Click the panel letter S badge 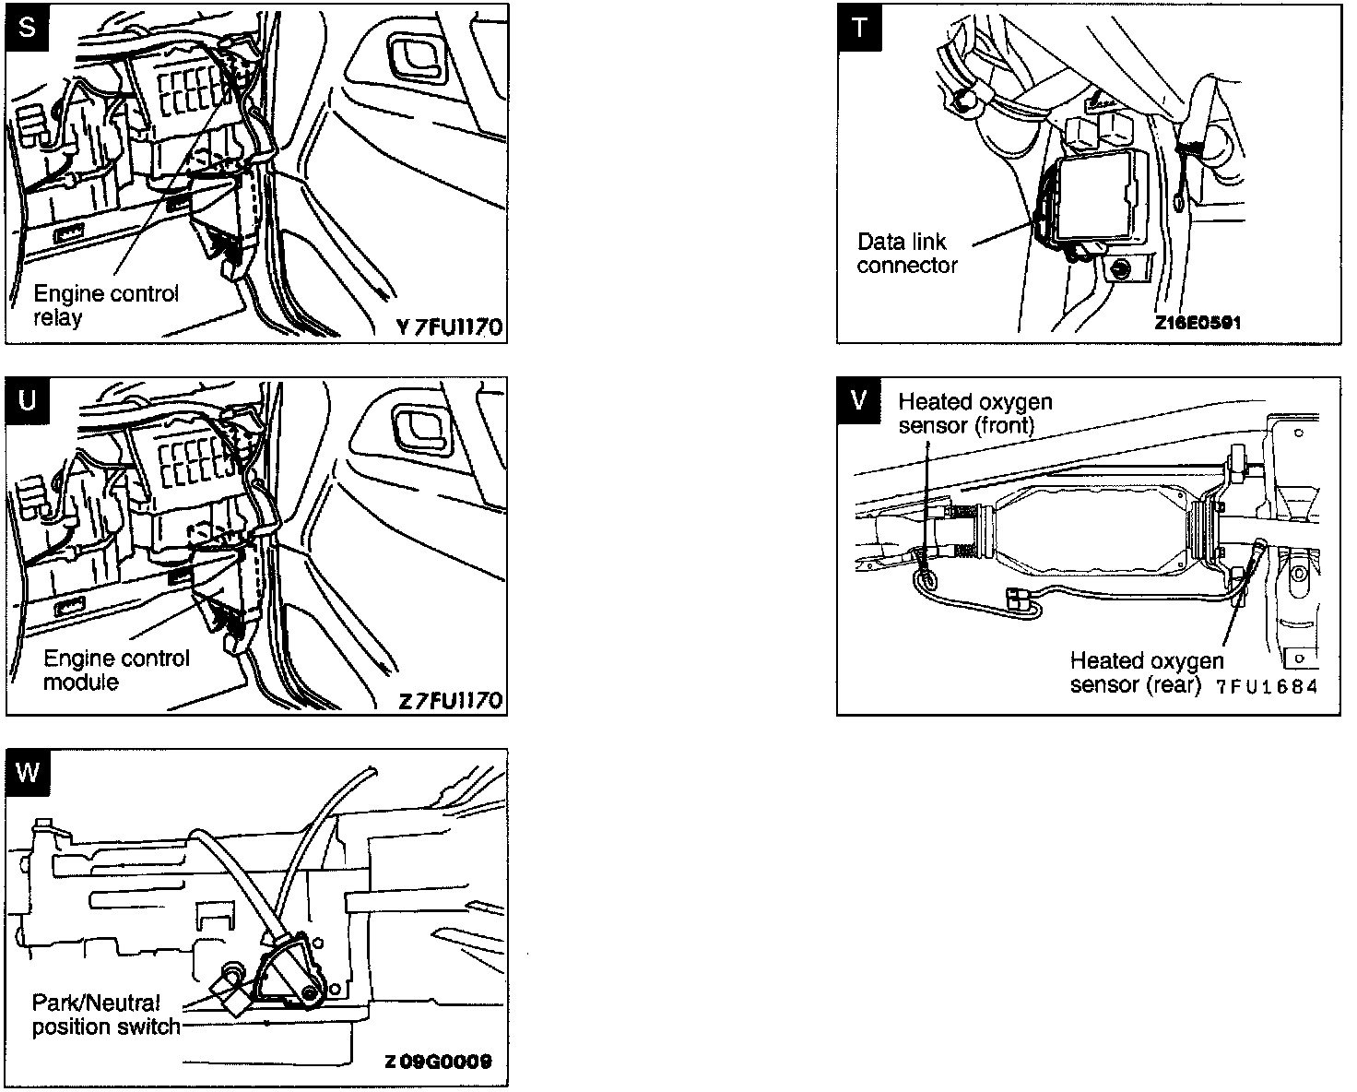29,27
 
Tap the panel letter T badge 859,27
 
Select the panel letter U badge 29,401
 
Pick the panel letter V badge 859,401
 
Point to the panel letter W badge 29,772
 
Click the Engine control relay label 105,305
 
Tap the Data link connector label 907,254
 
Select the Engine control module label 116,671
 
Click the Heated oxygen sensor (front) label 974,413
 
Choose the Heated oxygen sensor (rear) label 1146,673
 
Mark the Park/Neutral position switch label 105,1015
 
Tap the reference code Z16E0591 1197,324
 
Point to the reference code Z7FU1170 450,701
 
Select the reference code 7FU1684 1267,686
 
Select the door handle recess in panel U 419,430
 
